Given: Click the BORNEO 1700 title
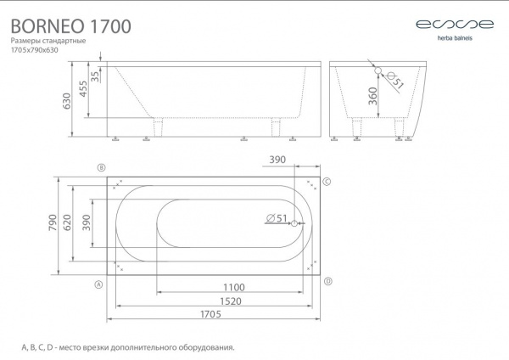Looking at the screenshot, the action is click(x=71, y=26).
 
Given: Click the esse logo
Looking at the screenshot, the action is click(x=455, y=25).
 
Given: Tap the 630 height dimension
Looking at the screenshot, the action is click(x=66, y=101).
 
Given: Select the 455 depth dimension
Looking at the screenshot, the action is click(x=83, y=88).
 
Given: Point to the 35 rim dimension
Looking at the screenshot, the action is click(x=95, y=76).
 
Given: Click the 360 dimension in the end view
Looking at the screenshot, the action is click(x=372, y=96).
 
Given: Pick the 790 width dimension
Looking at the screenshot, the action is click(x=53, y=222).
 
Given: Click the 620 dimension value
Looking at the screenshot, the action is click(x=66, y=222).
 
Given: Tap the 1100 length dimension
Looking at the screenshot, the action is click(x=234, y=287).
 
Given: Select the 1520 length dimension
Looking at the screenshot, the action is click(x=231, y=301).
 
